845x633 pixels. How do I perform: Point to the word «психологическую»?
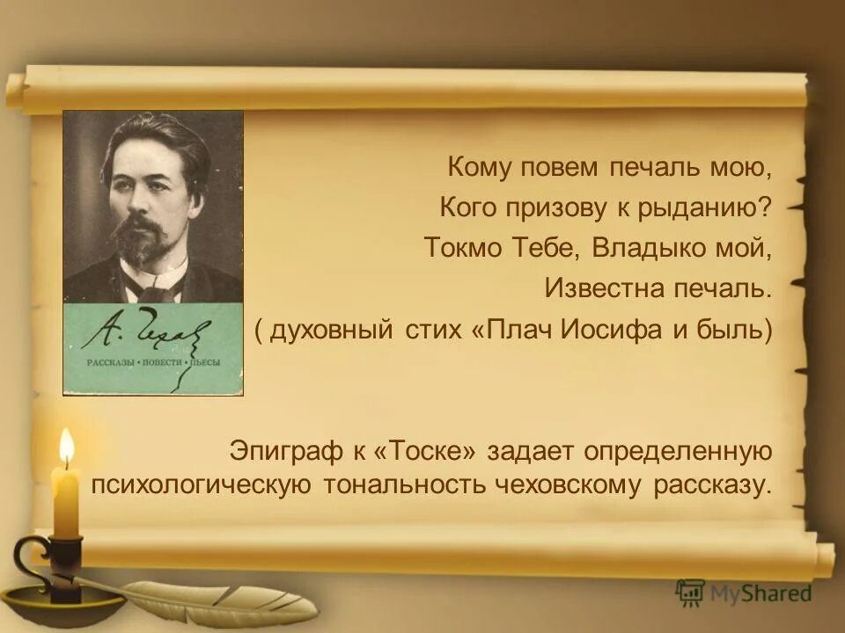pyautogui.click(x=201, y=485)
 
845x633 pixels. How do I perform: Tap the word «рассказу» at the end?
pyautogui.click(x=713, y=485)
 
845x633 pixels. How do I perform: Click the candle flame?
pyautogui.click(x=66, y=447)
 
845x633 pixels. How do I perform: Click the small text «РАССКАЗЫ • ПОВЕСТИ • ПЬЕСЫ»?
pyautogui.click(x=152, y=363)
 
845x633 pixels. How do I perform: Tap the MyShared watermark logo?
pyautogui.click(x=744, y=593)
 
